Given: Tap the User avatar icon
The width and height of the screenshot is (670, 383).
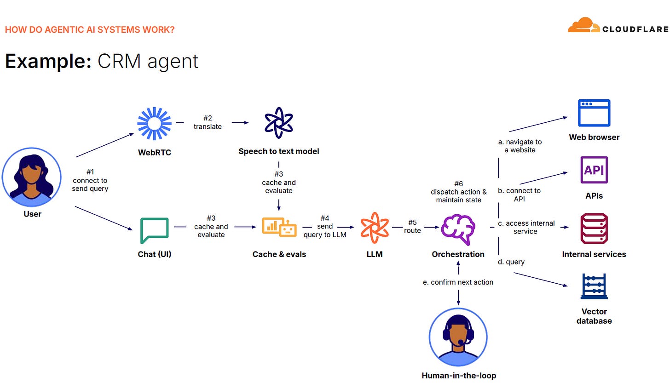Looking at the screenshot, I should click(32, 177).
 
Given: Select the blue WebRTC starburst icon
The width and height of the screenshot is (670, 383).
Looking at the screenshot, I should click(155, 123).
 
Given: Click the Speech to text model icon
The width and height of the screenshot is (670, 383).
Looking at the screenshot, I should click(279, 123).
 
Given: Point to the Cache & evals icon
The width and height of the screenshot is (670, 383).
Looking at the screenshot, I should click(279, 227).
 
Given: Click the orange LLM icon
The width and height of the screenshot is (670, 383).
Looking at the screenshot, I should click(375, 227).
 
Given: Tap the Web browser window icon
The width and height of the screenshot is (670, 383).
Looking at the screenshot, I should click(594, 113).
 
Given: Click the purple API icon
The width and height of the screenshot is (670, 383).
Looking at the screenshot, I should click(594, 171).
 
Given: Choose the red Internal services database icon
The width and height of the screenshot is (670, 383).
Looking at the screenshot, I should click(594, 229).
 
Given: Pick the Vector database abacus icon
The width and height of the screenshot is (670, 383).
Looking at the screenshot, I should click(594, 287).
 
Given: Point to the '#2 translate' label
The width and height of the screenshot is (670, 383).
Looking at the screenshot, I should click(208, 122).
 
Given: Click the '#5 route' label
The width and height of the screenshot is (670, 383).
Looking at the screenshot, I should click(412, 227).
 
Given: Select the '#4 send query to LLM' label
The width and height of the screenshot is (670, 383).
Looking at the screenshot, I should click(325, 227).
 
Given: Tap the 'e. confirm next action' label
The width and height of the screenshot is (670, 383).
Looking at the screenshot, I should click(458, 282).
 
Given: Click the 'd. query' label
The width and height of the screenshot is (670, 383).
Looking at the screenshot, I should click(511, 262).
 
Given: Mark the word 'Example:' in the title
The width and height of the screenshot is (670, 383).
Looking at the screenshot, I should click(48, 61).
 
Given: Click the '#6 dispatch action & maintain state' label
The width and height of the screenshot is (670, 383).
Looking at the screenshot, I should click(458, 192).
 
